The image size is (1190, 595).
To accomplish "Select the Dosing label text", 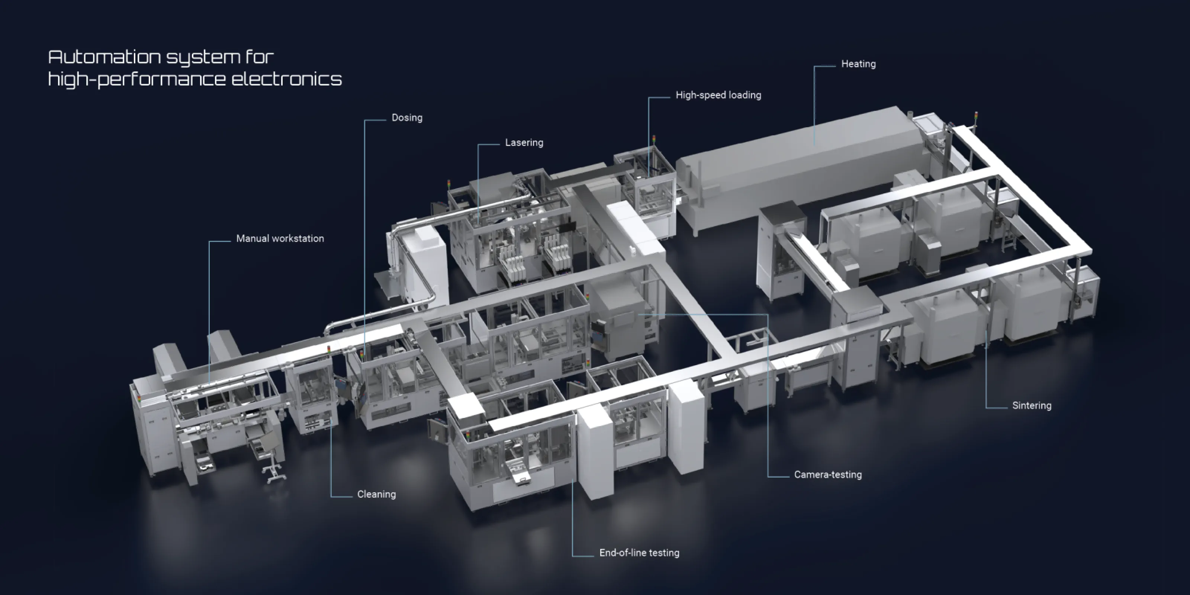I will pos(406,118).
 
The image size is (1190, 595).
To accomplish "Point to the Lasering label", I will pos(524,143).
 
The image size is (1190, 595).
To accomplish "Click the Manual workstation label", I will pos(280,239).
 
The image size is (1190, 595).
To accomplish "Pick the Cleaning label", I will pos(376,494).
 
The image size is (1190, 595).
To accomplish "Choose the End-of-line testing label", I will pos(639,553).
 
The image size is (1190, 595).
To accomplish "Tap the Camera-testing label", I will pos(827,475).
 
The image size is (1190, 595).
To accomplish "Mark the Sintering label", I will pos(1031,406).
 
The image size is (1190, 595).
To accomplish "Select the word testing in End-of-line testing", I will pos(664,553).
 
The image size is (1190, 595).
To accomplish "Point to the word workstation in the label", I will pos(299,239).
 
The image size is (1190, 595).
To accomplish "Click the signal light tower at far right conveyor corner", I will pos(976,118).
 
